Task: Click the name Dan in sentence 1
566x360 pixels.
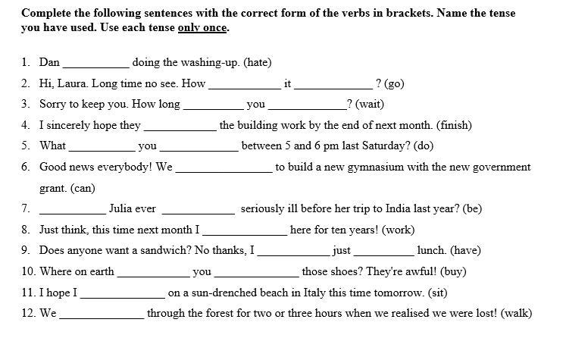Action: click(x=49, y=63)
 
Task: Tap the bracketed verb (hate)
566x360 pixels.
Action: click(x=258, y=63)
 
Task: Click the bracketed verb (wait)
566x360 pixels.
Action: click(x=370, y=105)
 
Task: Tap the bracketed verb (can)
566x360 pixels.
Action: click(x=83, y=188)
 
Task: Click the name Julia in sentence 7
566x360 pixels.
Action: click(x=122, y=208)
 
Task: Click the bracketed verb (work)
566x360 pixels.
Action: click(x=398, y=230)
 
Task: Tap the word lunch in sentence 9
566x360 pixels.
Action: click(x=433, y=250)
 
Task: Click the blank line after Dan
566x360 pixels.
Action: click(x=96, y=65)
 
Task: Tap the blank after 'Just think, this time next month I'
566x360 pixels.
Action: click(x=245, y=232)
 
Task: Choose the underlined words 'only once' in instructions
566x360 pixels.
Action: click(x=202, y=28)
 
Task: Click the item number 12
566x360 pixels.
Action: click(x=28, y=313)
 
